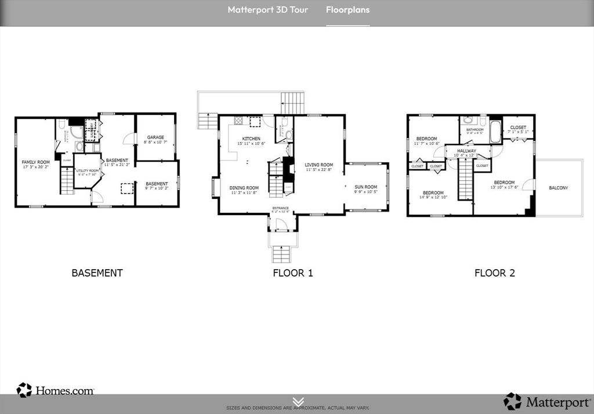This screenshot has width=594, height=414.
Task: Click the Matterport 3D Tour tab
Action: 267,10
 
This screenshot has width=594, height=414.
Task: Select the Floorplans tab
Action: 347,10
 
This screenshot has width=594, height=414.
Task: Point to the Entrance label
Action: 281,209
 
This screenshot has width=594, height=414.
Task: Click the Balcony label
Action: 558,188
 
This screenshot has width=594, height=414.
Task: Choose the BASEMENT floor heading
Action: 97,273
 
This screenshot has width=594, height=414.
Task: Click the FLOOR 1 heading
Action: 293,273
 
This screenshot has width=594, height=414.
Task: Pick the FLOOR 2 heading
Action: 494,273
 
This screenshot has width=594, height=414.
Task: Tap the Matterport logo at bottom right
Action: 548,401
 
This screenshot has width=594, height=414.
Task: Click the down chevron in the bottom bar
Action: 298,401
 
